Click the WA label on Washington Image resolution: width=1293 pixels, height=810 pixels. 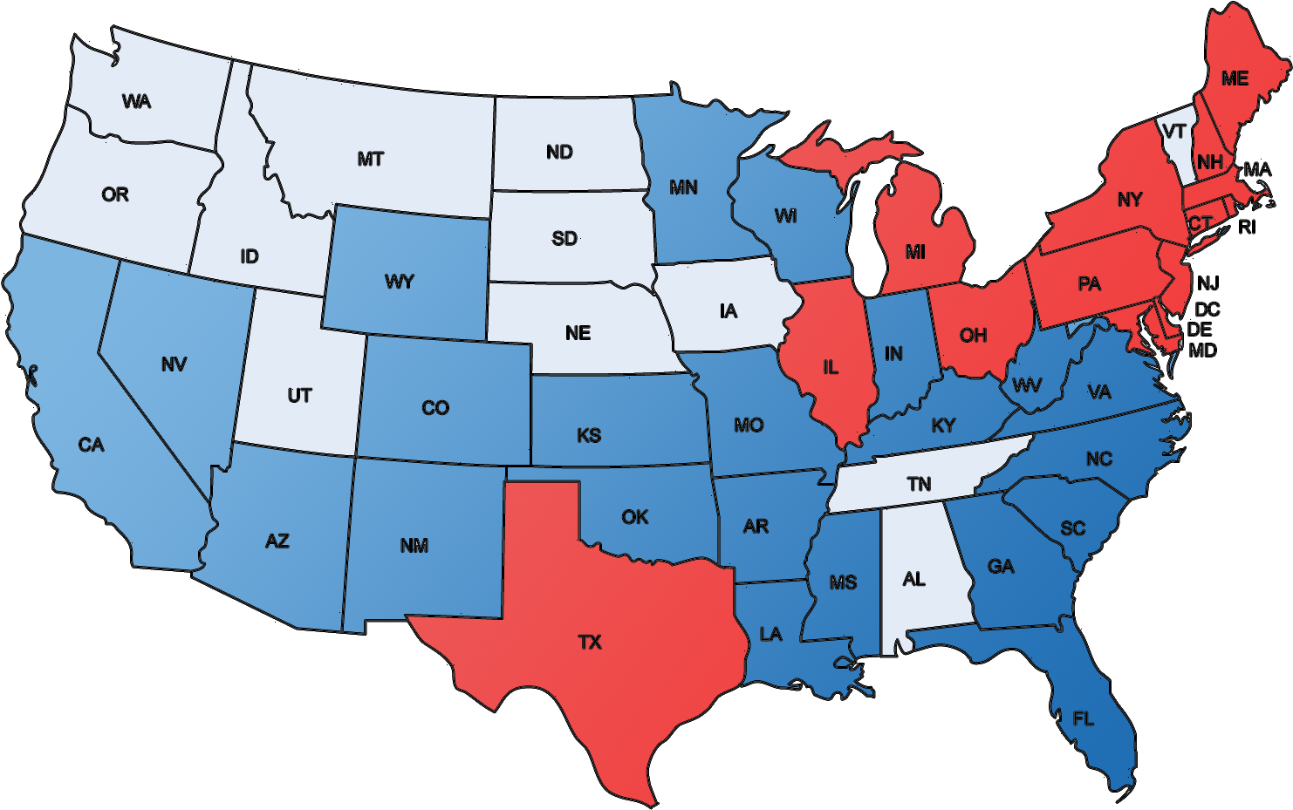click(x=136, y=102)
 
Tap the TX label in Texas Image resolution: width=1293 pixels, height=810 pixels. click(x=590, y=643)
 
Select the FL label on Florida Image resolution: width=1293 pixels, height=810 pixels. click(x=1083, y=719)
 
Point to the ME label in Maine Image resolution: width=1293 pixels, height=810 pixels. click(x=1235, y=79)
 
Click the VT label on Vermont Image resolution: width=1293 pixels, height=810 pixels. click(x=1174, y=132)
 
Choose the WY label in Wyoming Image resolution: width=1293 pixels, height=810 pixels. click(x=399, y=282)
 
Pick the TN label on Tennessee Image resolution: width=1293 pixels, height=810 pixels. click(x=919, y=485)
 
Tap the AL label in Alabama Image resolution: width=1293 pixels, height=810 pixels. click(x=913, y=580)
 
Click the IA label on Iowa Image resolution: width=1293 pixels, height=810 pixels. click(x=729, y=311)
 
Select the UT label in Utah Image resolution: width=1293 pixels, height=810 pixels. click(x=299, y=396)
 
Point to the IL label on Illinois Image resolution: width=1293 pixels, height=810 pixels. click(x=831, y=368)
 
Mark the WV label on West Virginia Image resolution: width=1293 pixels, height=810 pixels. click(x=1027, y=385)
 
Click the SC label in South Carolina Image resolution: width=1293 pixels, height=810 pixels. click(x=1072, y=528)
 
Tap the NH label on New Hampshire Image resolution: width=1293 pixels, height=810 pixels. click(x=1209, y=162)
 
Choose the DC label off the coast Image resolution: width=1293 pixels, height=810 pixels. click(x=1207, y=310)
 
